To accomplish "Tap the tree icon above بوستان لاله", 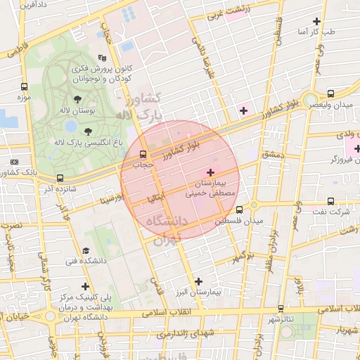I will (x=77, y=99).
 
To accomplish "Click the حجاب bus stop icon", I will (x=143, y=155).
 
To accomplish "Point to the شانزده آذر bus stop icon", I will (x=60, y=178).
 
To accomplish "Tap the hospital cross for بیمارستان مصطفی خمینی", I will (x=211, y=172).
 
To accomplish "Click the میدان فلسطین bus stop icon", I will (x=240, y=210).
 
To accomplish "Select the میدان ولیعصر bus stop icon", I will (x=330, y=93).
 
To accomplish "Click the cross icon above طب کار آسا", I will (x=317, y=21).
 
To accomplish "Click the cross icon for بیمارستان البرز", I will (x=198, y=281).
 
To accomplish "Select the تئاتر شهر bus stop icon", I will (x=281, y=308).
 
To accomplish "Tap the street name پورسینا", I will (x=112, y=200).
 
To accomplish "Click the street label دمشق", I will (x=271, y=154).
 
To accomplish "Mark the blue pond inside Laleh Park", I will (x=70, y=127).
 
